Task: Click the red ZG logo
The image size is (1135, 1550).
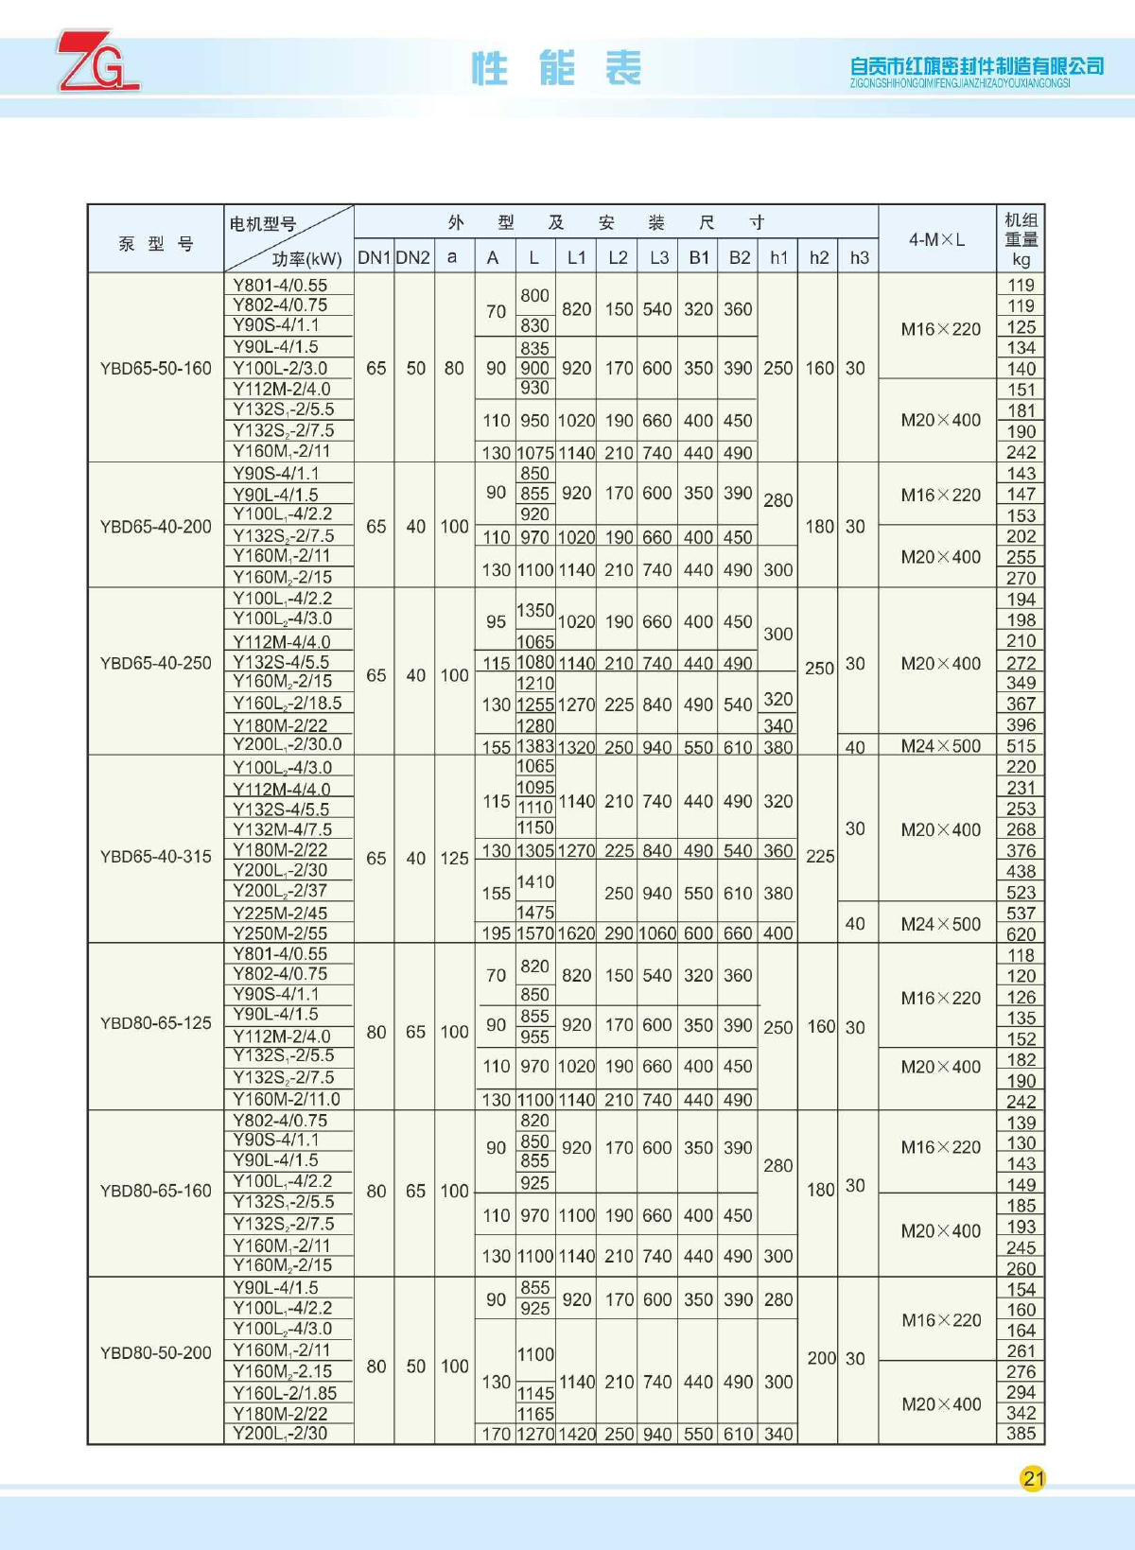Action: pyautogui.click(x=97, y=61)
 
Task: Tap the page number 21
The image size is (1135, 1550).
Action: pyautogui.click(x=1033, y=1478)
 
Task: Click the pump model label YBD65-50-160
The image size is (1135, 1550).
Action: pyautogui.click(x=156, y=368)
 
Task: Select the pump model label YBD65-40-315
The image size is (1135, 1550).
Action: pyautogui.click(x=156, y=856)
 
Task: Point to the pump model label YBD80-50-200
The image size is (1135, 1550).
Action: pyautogui.click(x=156, y=1352)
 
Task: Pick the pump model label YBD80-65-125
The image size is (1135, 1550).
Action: pyautogui.click(x=156, y=1022)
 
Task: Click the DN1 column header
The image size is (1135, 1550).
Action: pyautogui.click(x=375, y=257)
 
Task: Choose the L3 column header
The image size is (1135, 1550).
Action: pyautogui.click(x=658, y=257)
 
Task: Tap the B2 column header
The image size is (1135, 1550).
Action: pyautogui.click(x=739, y=257)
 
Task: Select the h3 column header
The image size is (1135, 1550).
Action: pyautogui.click(x=859, y=257)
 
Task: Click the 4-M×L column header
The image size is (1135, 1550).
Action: pyautogui.click(x=936, y=239)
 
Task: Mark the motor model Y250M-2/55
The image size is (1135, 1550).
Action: pyautogui.click(x=280, y=932)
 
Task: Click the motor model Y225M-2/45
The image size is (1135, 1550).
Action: pyautogui.click(x=280, y=913)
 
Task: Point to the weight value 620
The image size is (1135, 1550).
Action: pyautogui.click(x=1021, y=933)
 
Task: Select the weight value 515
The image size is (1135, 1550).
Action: pyautogui.click(x=1021, y=746)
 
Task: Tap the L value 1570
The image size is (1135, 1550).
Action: pyautogui.click(x=534, y=933)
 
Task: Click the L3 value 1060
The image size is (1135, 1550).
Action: pyautogui.click(x=658, y=933)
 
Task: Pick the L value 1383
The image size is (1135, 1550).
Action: pyautogui.click(x=534, y=747)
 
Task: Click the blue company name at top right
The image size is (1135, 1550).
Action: pyautogui.click(x=976, y=66)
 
